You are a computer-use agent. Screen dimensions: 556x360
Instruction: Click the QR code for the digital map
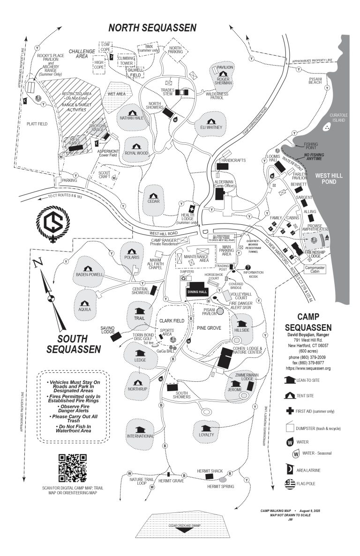[x=73, y=468]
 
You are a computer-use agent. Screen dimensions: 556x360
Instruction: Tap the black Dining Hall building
[x=197, y=289]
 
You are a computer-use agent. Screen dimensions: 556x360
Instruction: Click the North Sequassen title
[x=152, y=28]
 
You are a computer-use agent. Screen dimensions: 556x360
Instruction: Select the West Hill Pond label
[x=332, y=179]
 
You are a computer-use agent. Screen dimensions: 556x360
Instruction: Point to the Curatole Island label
[x=339, y=118]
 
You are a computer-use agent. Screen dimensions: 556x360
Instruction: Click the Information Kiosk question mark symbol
[x=248, y=267]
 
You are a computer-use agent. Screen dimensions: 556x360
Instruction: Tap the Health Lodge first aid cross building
[x=192, y=209]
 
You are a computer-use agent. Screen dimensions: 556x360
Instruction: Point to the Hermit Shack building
[x=210, y=476]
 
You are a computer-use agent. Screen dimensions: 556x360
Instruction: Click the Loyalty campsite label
[x=206, y=434]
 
